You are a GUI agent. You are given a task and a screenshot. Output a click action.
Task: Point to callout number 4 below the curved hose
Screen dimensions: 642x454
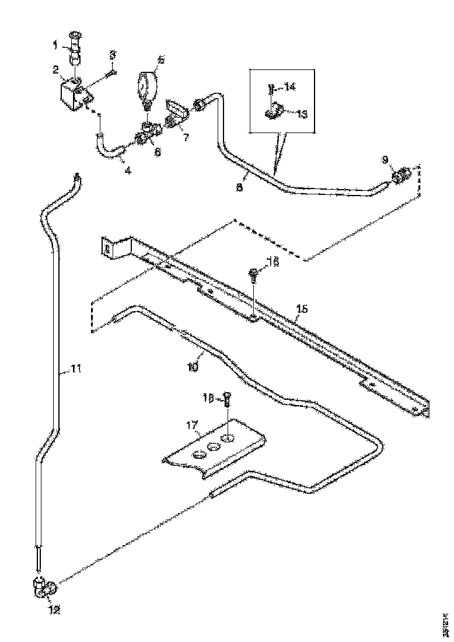click(x=127, y=170)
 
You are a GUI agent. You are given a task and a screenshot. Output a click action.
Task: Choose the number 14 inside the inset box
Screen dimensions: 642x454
click(x=290, y=88)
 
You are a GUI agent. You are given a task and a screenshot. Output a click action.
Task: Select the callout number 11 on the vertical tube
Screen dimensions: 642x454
click(x=76, y=368)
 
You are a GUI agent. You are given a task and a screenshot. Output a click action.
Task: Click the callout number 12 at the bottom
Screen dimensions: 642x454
click(x=54, y=610)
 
